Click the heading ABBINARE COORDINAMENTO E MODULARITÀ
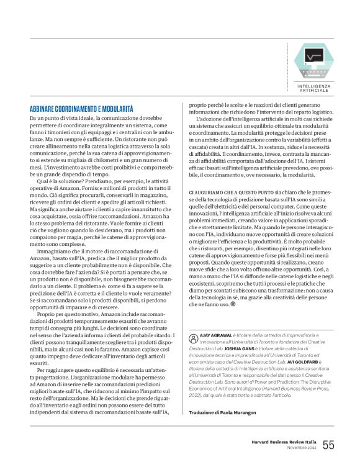[82, 108]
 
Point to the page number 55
[328, 445]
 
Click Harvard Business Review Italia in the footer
[283, 442]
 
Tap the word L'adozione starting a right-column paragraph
[209, 118]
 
